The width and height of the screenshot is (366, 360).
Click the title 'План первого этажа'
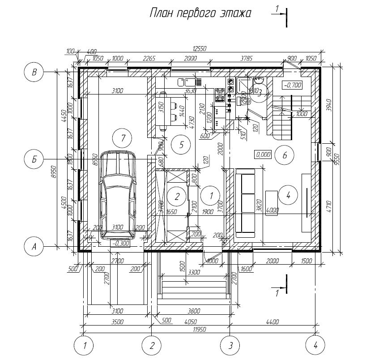coord(200,13)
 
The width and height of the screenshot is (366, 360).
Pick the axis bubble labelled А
coord(34,246)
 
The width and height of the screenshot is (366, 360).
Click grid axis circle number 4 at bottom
coord(315,346)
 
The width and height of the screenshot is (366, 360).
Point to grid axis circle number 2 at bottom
coord(152,346)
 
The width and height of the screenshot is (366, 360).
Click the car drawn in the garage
coord(118,195)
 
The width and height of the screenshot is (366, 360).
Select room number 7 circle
coord(121,138)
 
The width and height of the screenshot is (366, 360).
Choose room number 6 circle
coord(285,155)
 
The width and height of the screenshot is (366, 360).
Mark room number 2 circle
coord(177,196)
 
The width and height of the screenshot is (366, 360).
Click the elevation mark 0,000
coord(263,154)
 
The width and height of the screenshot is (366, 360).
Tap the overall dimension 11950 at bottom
coord(197,330)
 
